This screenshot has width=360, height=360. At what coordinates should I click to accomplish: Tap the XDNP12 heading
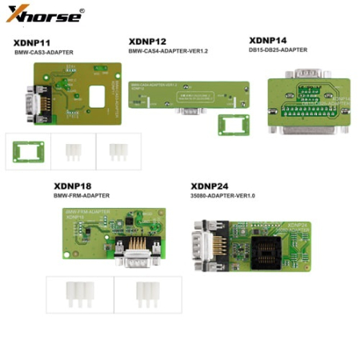(149, 40)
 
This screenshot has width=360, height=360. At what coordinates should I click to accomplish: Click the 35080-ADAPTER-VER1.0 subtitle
(213, 194)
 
